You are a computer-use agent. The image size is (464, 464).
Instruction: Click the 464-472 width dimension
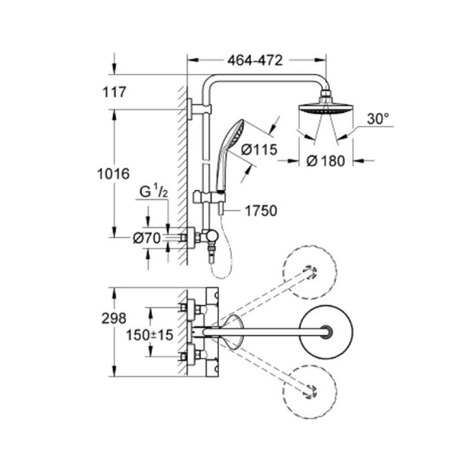255,60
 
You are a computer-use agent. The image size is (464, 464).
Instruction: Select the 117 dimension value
114,92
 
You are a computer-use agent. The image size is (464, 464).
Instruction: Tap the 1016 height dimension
114,174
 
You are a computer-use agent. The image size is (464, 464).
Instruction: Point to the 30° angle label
378,119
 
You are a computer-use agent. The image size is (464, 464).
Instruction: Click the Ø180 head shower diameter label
326,161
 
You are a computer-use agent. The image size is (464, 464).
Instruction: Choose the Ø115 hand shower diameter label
259,150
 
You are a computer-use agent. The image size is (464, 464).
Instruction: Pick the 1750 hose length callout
261,211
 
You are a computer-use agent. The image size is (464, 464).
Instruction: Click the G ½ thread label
153,192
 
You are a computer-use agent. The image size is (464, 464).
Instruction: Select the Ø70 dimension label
147,238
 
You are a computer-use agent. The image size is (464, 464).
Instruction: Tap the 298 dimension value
114,318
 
